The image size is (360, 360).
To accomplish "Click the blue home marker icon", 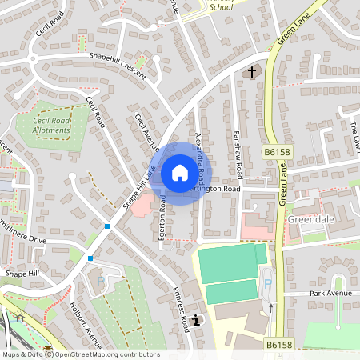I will coord(180,173).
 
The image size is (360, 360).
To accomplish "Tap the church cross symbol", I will coord(251,73).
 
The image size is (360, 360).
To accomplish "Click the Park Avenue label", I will coord(330,294).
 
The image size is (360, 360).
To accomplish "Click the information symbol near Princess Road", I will coord(197,320).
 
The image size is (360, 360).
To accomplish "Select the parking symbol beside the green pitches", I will coord(269,283).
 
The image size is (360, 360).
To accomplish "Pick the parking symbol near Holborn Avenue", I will coord(100,282).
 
